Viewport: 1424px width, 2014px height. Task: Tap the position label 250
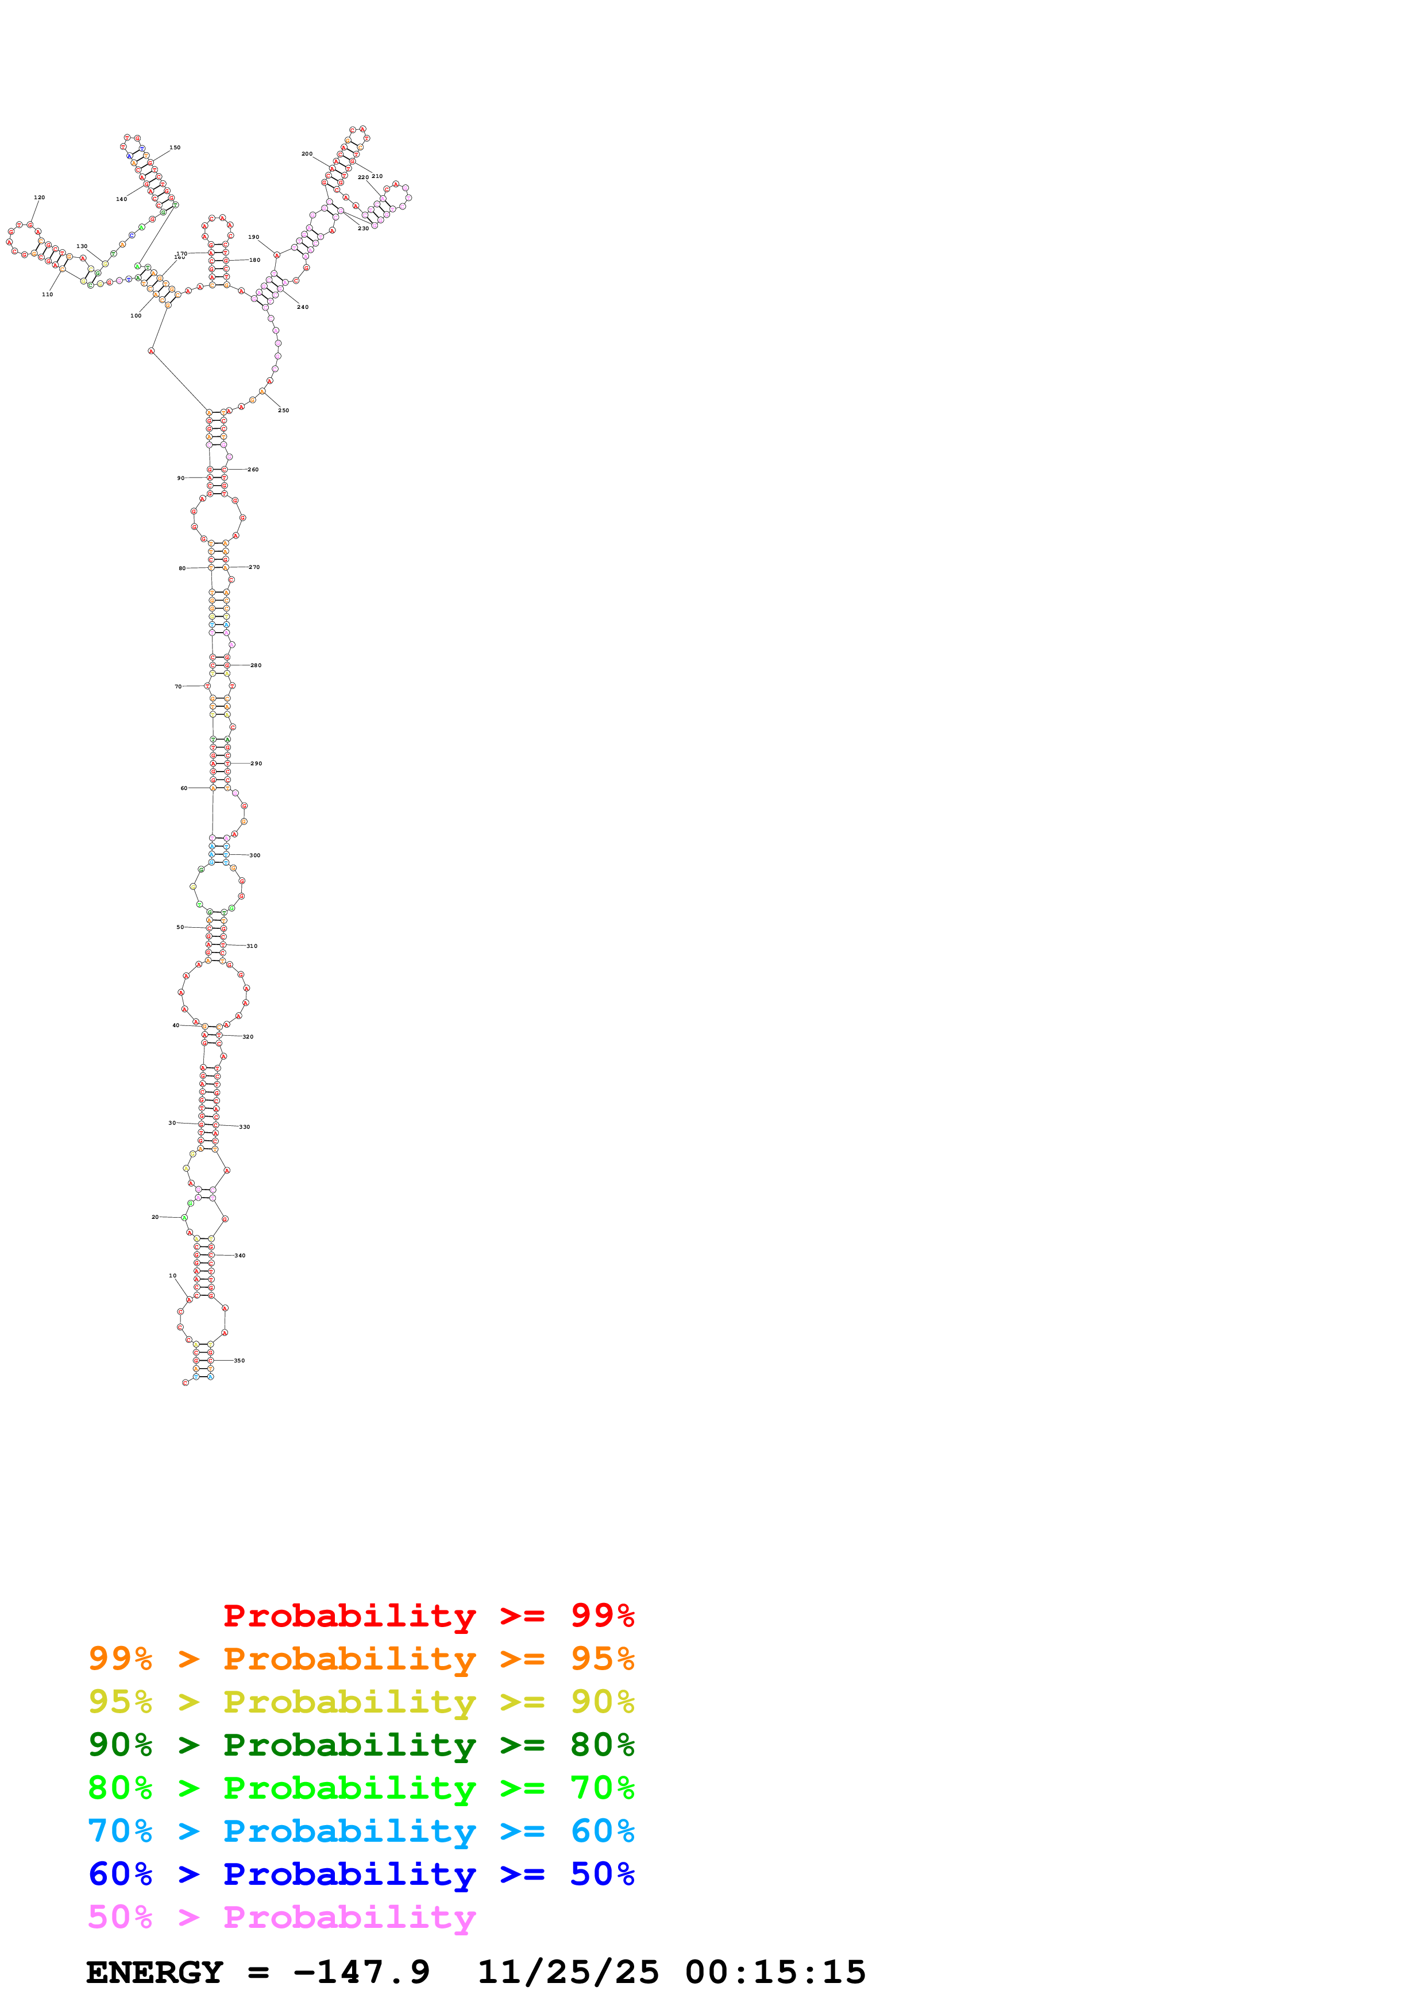(x=283, y=410)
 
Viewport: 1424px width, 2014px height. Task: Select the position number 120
(x=38, y=197)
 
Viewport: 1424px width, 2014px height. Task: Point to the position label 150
(x=175, y=148)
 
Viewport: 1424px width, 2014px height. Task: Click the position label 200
(x=307, y=153)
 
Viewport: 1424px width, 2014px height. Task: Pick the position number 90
(x=181, y=478)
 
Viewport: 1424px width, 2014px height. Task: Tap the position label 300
(x=254, y=855)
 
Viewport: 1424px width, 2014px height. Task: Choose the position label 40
(x=175, y=1025)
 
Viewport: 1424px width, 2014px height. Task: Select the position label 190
(x=253, y=237)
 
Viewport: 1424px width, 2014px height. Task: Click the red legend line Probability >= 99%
(x=428, y=1616)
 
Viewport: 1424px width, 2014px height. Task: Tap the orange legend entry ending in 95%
(x=361, y=1659)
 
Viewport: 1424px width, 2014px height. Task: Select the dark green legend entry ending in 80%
(x=361, y=1745)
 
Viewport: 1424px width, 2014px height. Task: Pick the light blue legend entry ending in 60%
(x=361, y=1831)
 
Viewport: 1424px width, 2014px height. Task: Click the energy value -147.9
(x=361, y=1972)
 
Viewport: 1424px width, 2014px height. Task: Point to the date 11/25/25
(x=568, y=1972)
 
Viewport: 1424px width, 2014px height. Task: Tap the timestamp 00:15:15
(x=775, y=1972)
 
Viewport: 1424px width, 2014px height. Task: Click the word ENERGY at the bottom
(x=155, y=1972)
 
